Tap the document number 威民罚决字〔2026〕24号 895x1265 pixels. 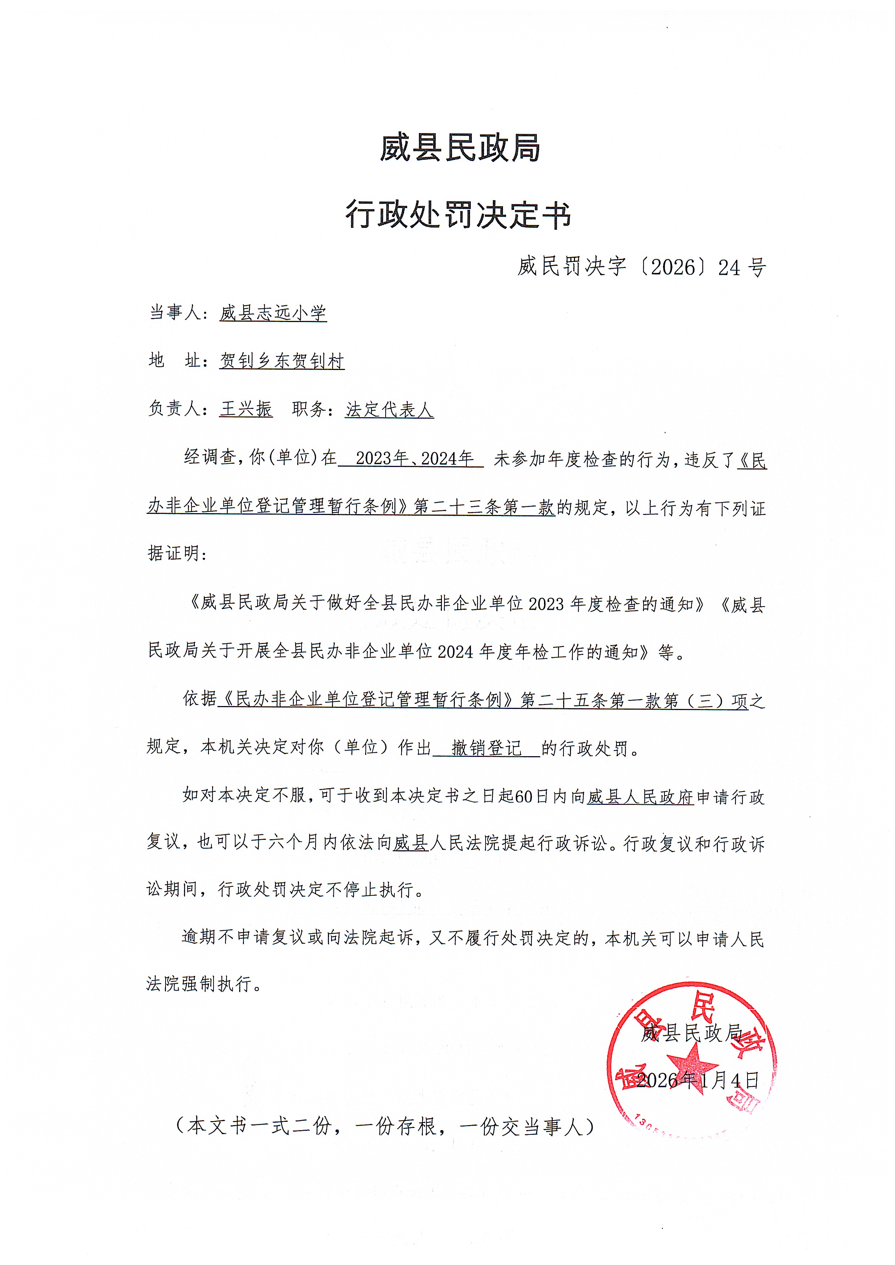[641, 267]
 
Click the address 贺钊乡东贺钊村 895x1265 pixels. [282, 361]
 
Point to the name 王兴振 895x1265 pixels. [246, 409]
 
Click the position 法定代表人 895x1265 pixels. [389, 409]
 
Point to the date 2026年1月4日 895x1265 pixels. [698, 1080]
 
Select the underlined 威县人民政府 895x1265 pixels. [640, 797]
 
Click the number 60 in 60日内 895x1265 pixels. [523, 797]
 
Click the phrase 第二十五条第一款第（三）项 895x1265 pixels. [634, 700]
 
